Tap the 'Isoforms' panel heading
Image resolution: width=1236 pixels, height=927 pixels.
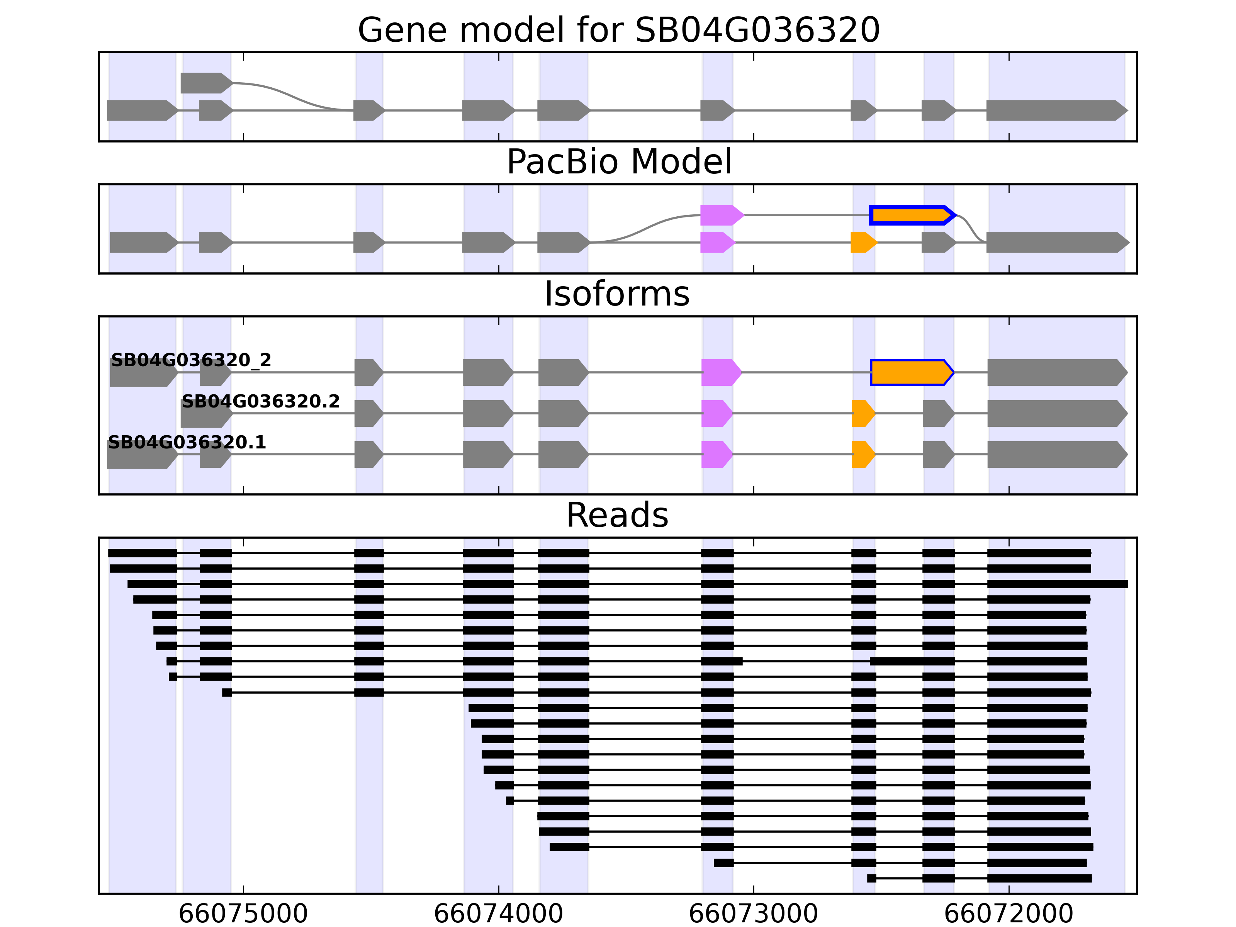coord(617,294)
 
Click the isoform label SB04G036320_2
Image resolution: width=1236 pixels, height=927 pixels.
coord(191,360)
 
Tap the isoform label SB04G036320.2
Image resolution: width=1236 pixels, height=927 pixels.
coord(260,401)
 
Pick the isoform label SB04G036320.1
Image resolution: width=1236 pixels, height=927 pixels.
coord(187,443)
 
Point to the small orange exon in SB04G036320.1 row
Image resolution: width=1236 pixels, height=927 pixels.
coord(863,454)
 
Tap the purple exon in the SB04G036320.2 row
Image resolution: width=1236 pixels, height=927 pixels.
coord(717,414)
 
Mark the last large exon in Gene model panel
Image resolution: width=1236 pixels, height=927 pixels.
coord(1057,110)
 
